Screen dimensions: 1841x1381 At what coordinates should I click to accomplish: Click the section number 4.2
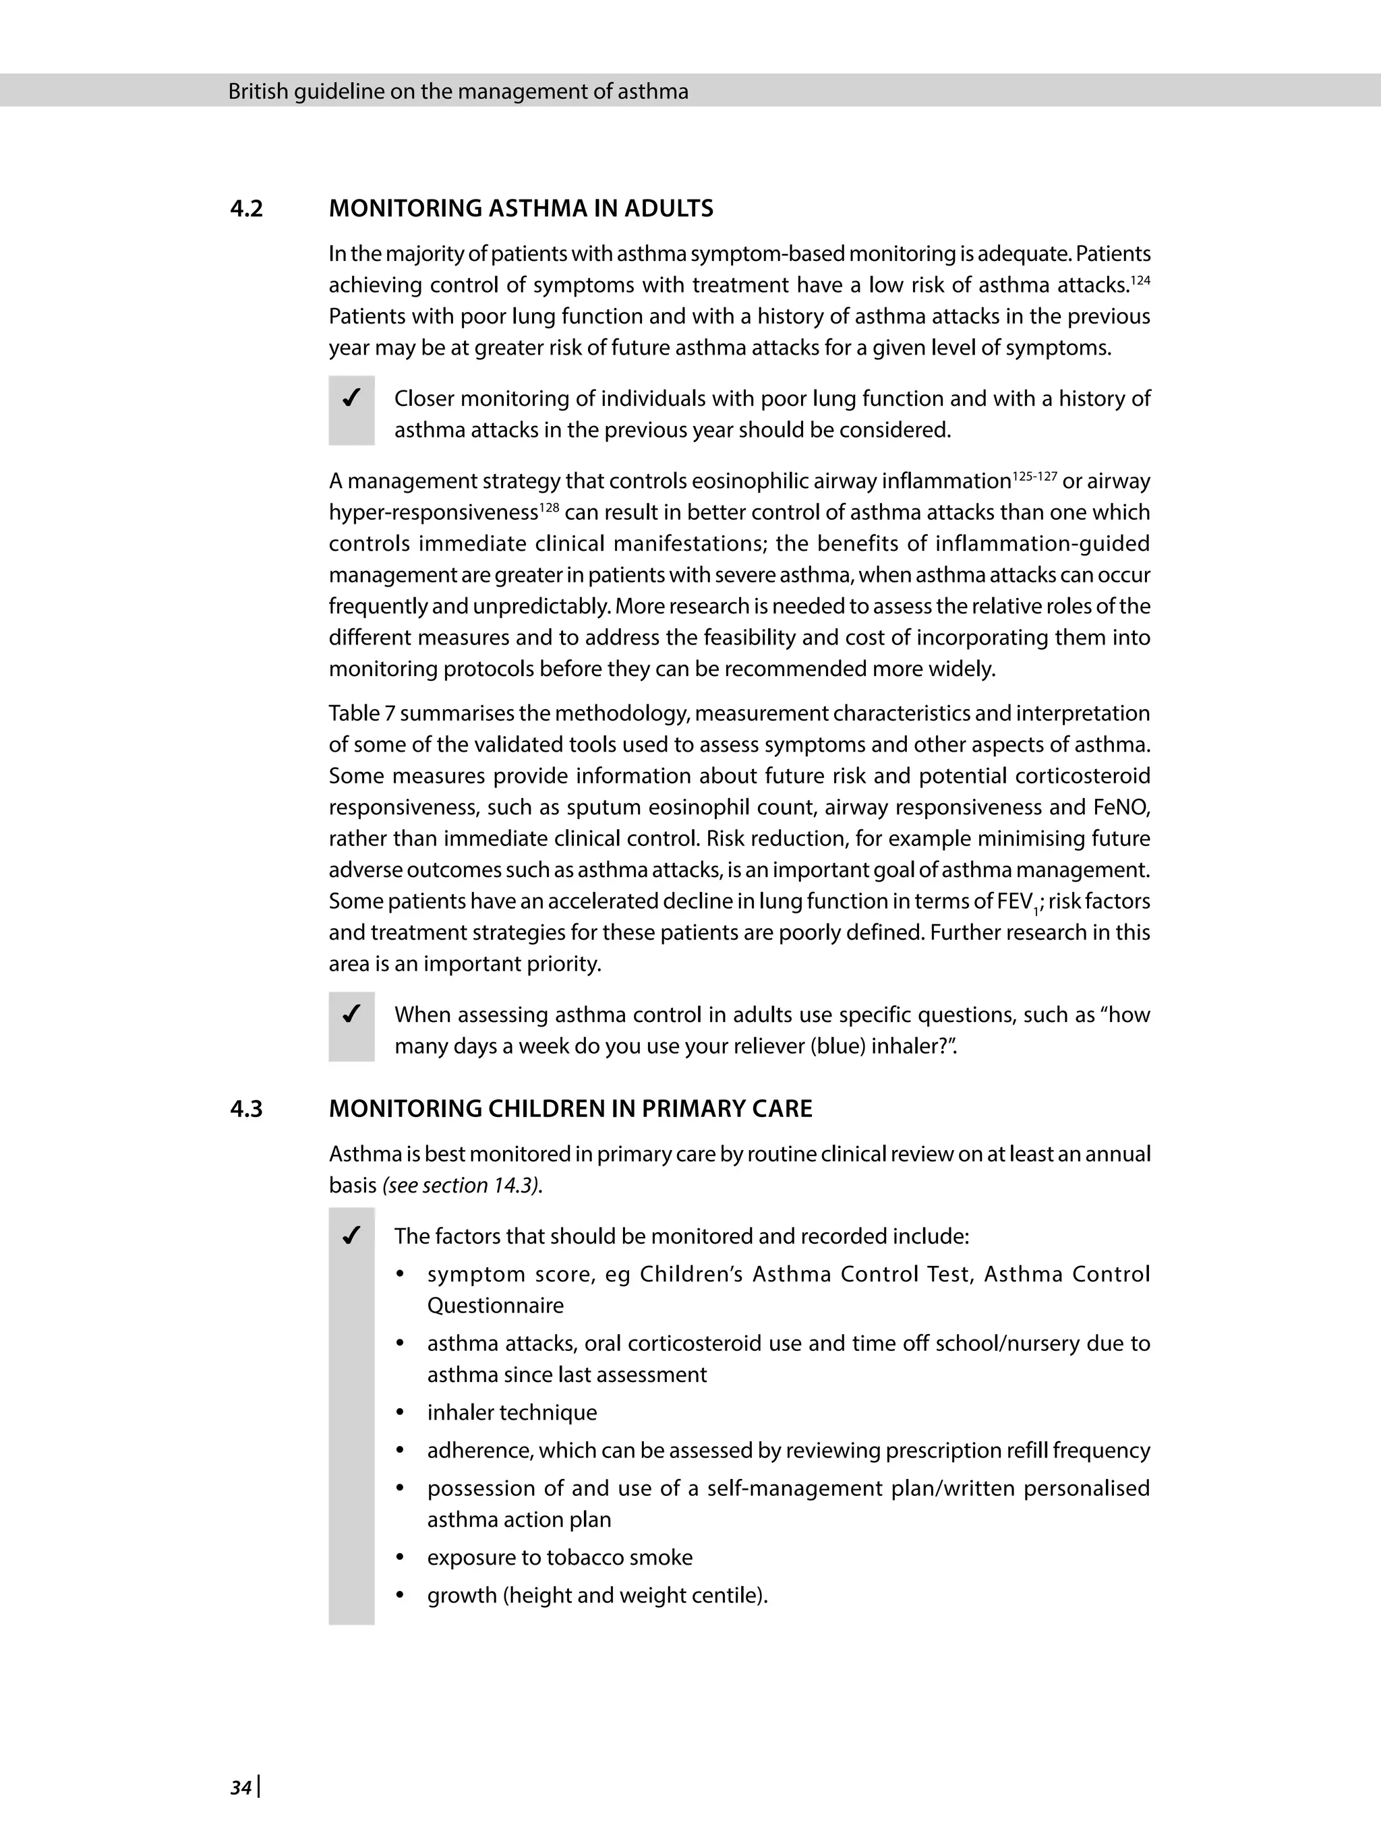245,208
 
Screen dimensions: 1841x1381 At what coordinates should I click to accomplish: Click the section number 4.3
245,1109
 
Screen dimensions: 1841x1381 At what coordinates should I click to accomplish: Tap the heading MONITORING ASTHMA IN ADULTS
521,208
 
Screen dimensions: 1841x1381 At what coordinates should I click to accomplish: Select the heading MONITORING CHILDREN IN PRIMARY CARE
570,1109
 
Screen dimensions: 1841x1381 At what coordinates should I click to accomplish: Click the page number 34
241,1787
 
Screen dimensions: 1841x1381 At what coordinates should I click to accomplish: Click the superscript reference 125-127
1034,475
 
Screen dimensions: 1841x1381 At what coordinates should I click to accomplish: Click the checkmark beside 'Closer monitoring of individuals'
351,398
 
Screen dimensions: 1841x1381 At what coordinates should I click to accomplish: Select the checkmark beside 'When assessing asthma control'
351,1015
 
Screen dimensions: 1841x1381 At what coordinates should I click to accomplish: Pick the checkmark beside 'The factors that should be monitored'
351,1236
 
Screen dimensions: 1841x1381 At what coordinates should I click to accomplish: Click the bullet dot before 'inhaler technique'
401,1412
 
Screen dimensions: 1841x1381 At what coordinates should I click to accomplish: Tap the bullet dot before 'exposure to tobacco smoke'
401,1557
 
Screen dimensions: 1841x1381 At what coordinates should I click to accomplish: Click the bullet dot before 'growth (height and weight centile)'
401,1596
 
